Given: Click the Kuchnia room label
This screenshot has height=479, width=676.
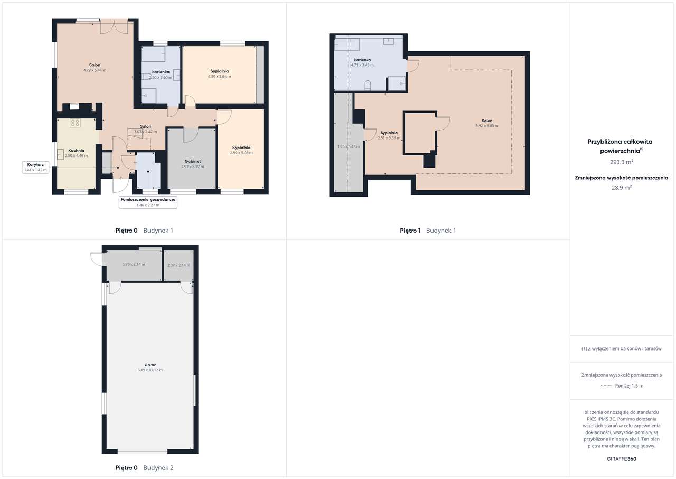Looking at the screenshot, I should pyautogui.click(x=77, y=150).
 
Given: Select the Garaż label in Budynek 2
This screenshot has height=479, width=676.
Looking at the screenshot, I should pyautogui.click(x=150, y=364).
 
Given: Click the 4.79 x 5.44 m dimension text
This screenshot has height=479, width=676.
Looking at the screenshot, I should pyautogui.click(x=95, y=70).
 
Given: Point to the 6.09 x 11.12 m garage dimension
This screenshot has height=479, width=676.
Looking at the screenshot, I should pyautogui.click(x=150, y=370).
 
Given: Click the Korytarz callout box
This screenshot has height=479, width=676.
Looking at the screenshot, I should pyautogui.click(x=35, y=167).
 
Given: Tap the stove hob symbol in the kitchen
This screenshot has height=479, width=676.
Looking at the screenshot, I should pyautogui.click(x=75, y=123).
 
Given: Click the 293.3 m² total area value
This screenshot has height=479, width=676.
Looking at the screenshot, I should pyautogui.click(x=621, y=162).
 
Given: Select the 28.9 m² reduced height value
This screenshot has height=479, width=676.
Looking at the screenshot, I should pyautogui.click(x=621, y=187).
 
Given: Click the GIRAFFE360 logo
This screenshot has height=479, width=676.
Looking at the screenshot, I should pyautogui.click(x=622, y=459).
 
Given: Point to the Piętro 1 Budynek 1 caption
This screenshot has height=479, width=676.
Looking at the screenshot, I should pyautogui.click(x=428, y=231).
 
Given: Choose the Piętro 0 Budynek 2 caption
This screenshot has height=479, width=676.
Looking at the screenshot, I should pyautogui.click(x=144, y=468).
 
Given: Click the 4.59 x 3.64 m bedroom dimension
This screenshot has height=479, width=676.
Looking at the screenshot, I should pyautogui.click(x=219, y=76).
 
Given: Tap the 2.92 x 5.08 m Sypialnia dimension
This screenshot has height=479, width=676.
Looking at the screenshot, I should pyautogui.click(x=241, y=153).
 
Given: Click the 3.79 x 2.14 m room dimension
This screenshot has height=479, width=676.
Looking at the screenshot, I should pyautogui.click(x=134, y=264).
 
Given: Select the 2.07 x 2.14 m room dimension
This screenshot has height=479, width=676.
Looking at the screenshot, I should pyautogui.click(x=178, y=265).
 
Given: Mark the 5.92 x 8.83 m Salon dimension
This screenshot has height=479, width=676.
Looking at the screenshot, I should pyautogui.click(x=486, y=126).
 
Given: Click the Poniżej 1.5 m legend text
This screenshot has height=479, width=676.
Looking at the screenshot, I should pyautogui.click(x=629, y=385).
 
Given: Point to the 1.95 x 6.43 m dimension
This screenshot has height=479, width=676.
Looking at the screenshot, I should pyautogui.click(x=348, y=146).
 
